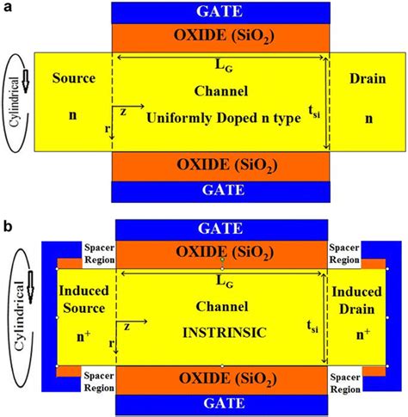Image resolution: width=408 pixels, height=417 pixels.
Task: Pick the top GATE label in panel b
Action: point(219,230)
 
